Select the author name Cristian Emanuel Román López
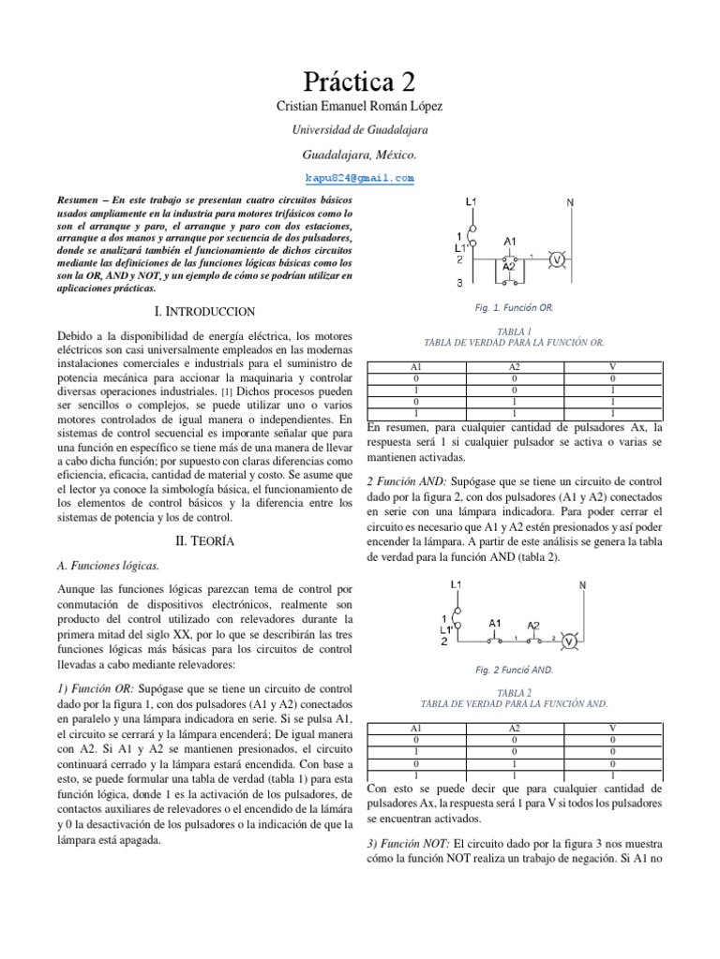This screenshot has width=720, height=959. (x=360, y=109)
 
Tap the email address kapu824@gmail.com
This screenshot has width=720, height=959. (x=360, y=177)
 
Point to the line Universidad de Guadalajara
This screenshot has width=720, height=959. (x=360, y=131)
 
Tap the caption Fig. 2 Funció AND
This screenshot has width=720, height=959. (x=515, y=670)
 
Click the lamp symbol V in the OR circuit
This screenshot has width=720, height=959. (x=557, y=259)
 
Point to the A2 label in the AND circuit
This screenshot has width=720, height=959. (x=532, y=625)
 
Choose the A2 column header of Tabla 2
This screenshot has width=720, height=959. (x=515, y=727)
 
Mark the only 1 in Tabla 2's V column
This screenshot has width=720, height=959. (x=612, y=775)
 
